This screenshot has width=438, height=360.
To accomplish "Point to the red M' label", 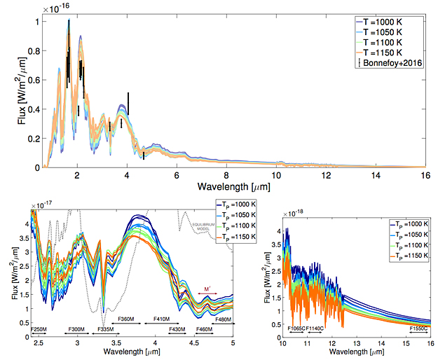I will [207, 289].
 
